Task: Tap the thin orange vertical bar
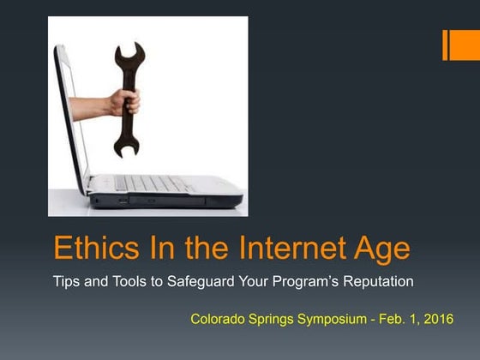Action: [446, 45]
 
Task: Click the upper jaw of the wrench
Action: [129, 57]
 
